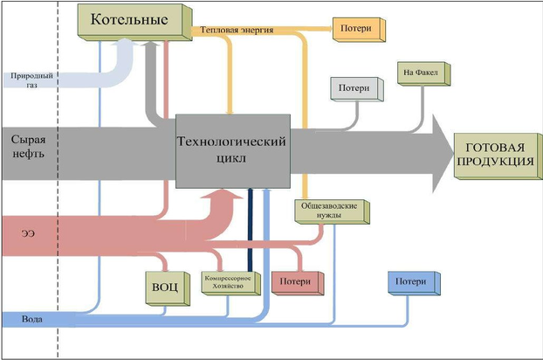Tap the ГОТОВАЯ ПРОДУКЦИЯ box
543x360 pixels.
[x=495, y=154]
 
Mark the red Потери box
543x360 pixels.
[x=297, y=282]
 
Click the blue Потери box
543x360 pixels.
[x=409, y=283]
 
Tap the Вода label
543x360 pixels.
[x=33, y=320]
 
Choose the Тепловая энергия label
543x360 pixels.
[x=237, y=30]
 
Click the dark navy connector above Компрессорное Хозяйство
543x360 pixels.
[x=250, y=226]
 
